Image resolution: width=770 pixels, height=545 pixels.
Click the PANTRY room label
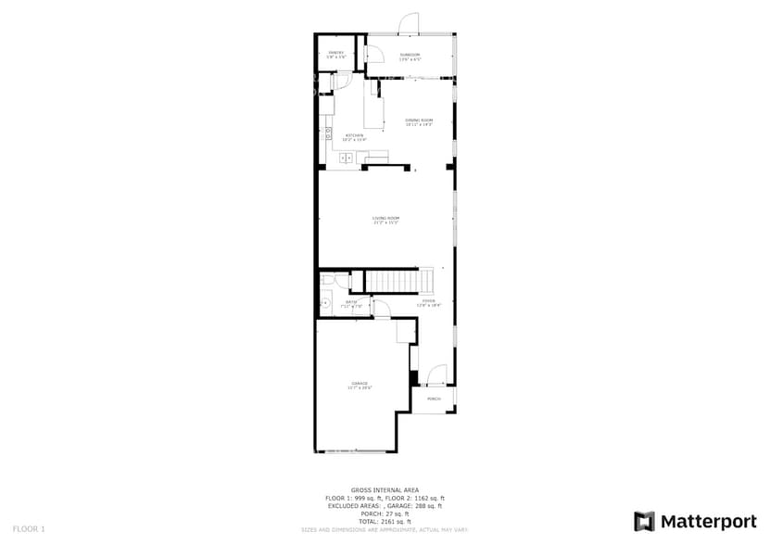336,53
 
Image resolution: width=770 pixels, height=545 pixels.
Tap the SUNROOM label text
410,55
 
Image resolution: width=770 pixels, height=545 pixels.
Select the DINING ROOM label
419,120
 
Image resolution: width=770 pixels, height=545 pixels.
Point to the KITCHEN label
355,136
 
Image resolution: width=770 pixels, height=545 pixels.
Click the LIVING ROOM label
385,219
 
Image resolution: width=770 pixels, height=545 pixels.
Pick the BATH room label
352,302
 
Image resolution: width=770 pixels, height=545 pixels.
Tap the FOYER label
429,300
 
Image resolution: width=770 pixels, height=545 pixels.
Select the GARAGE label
360,384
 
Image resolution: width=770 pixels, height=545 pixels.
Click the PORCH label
433,399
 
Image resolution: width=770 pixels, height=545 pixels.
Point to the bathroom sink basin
325,303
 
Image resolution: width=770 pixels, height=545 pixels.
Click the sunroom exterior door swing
409,25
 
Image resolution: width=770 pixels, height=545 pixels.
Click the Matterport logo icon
644,521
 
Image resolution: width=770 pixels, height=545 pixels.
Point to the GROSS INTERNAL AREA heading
385,489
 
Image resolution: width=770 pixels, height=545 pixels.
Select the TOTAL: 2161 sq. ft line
385,522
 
